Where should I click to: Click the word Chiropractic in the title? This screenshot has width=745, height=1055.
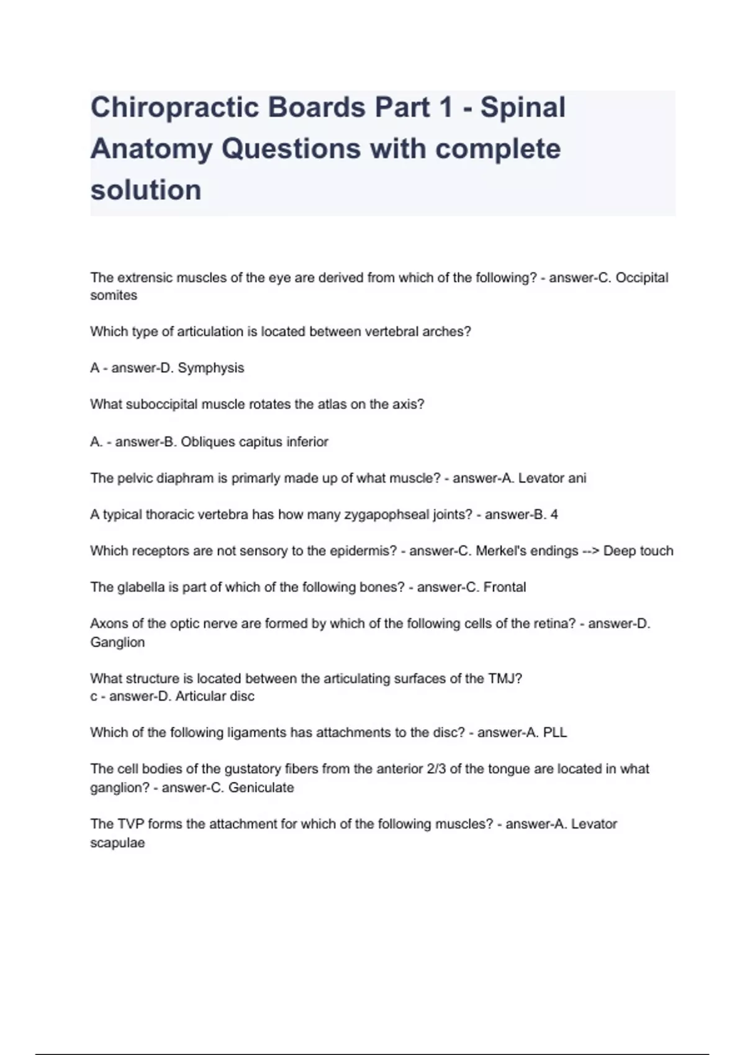pos(174,107)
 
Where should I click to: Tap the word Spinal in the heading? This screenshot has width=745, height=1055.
pos(523,107)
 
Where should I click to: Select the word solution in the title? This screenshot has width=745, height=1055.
pos(146,190)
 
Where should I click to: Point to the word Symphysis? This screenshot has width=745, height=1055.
pos(211,368)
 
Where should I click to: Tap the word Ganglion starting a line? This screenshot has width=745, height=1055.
pos(117,642)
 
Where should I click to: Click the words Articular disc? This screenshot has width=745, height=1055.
pos(215,696)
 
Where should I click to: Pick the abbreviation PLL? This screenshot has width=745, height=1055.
pos(555,732)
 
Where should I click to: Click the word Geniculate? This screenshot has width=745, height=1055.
pos(261,788)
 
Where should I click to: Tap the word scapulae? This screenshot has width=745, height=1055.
pos(117,843)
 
